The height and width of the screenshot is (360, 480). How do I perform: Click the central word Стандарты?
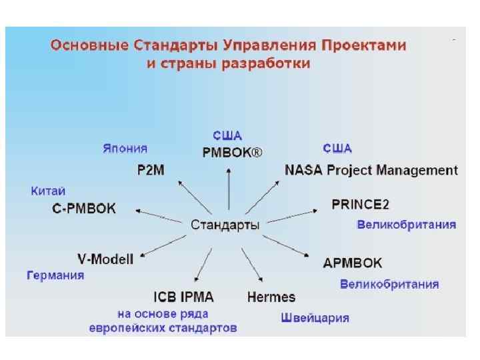(x=225, y=225)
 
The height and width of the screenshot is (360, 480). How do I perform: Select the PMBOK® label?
(x=232, y=152)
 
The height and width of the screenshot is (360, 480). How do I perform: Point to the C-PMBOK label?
(x=84, y=209)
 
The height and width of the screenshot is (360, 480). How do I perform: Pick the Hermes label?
(x=271, y=297)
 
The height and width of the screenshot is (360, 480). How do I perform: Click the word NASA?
(x=305, y=169)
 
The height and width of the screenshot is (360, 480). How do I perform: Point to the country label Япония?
(x=125, y=148)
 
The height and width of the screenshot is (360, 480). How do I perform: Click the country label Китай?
(x=48, y=191)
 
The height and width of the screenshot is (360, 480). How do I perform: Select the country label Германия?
(x=55, y=275)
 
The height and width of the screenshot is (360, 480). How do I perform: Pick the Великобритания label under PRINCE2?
(x=407, y=225)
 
